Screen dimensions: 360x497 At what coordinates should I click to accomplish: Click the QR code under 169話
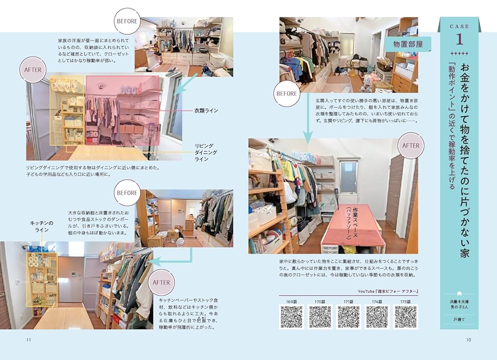click(x=292, y=317)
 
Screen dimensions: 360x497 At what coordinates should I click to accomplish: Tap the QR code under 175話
click(x=406, y=317)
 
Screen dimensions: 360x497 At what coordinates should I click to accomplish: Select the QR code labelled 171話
click(x=349, y=317)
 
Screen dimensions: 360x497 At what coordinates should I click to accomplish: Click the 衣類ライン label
click(x=207, y=110)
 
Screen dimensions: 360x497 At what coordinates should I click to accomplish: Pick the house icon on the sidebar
click(x=459, y=293)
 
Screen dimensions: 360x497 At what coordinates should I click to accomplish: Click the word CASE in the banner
click(x=459, y=25)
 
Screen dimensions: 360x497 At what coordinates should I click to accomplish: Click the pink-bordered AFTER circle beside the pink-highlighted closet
click(x=33, y=70)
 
